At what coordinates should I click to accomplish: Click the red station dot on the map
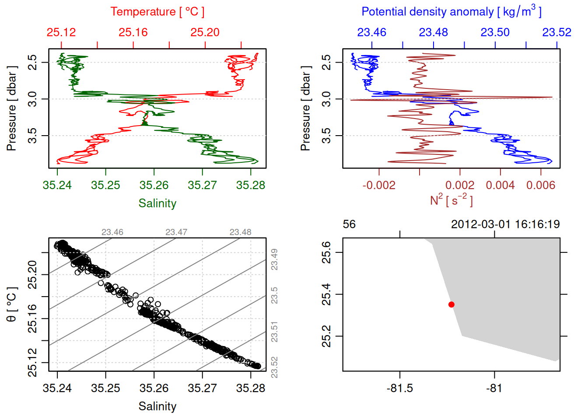tap(451, 304)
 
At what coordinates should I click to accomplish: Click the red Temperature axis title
tap(157, 12)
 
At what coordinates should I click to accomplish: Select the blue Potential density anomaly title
tap(451, 11)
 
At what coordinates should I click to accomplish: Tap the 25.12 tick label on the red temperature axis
tap(61, 32)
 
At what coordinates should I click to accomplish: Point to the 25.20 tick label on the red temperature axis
tap(205, 32)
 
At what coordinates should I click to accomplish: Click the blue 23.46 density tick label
tap(372, 32)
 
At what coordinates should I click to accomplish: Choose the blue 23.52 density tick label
tap(556, 32)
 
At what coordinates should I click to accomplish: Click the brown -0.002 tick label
tap(379, 185)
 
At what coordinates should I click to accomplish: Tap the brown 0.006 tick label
tap(541, 185)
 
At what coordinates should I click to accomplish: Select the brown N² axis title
tap(451, 200)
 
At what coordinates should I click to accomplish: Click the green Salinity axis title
tap(157, 203)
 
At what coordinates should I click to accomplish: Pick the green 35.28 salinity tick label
tap(251, 185)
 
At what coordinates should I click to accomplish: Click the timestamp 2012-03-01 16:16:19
tap(505, 224)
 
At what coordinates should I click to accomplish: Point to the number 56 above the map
tap(349, 224)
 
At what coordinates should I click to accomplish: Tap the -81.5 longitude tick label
tap(400, 388)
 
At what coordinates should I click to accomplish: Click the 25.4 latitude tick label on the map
tap(326, 294)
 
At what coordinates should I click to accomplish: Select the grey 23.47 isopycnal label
tap(176, 232)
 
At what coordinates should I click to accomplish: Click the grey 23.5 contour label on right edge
tap(274, 296)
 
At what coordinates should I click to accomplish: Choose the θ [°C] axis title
tap(12, 304)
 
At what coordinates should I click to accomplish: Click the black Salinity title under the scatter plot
tap(157, 406)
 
